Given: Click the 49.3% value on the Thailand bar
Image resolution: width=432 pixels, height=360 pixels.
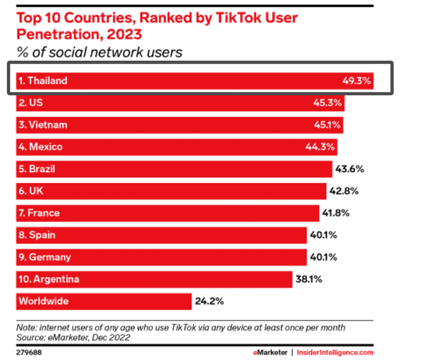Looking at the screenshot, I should [x=357, y=81].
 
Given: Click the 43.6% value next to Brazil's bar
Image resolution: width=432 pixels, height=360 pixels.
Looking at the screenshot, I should [x=350, y=169].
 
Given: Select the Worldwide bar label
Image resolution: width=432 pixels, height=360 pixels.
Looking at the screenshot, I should [x=43, y=301].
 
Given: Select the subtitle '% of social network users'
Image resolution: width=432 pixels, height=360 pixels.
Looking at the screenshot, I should [x=99, y=52].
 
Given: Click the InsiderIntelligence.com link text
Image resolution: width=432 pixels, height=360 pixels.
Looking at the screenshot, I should [x=335, y=353].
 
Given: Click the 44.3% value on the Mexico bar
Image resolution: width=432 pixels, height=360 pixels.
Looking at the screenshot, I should [x=321, y=147].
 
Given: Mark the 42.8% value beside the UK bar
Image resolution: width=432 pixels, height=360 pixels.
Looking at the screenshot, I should [x=344, y=191].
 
